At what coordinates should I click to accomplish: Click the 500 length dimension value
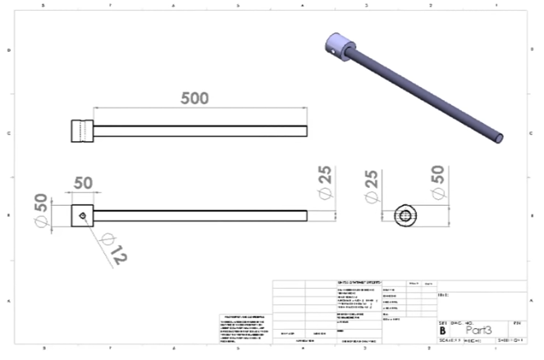[195, 98]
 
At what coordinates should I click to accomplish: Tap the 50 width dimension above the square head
[82, 182]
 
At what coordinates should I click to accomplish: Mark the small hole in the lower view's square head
[85, 216]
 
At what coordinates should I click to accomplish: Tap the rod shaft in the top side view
[201, 130]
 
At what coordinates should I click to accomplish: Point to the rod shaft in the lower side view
[201, 216]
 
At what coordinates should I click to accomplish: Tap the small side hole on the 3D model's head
[333, 51]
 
